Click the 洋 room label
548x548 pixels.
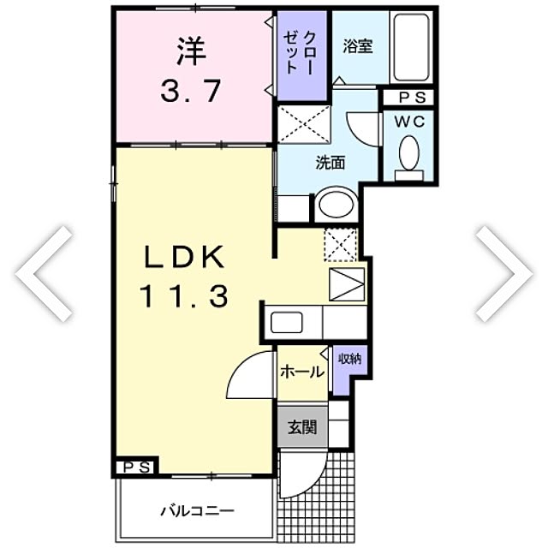[192, 51]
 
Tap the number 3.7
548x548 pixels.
[191, 91]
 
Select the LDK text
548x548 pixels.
[184, 257]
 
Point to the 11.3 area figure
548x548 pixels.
[184, 295]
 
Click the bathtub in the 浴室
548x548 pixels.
[411, 47]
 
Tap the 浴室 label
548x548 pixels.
[358, 46]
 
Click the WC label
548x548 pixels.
[409, 122]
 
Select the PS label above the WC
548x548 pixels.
[413, 98]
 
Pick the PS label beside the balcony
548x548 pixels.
[138, 468]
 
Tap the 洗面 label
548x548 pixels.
[331, 163]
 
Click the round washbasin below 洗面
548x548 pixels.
[337, 204]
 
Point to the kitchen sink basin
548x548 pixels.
[287, 323]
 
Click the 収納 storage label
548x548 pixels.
[350, 359]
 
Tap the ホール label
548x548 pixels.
[302, 372]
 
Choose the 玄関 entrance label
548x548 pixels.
[302, 426]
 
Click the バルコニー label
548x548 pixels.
[198, 512]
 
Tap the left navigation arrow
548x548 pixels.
[44, 274]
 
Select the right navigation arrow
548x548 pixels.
[504, 274]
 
